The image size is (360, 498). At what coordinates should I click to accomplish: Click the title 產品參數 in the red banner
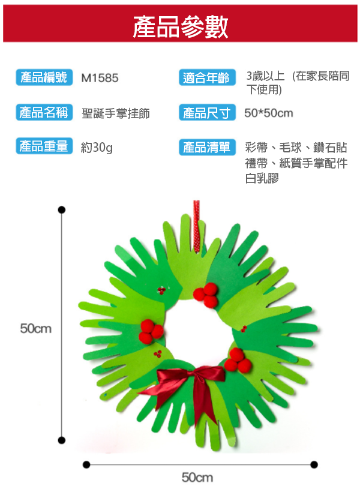180,27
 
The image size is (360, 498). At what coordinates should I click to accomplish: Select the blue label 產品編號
44,77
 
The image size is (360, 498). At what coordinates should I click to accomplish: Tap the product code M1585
100,78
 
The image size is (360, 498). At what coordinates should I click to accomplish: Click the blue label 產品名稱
44,112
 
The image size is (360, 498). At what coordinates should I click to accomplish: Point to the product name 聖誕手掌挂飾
116,113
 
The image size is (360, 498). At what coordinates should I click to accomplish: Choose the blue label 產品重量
44,146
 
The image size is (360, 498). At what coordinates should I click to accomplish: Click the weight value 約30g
97,147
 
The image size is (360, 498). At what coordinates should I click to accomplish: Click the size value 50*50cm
269,113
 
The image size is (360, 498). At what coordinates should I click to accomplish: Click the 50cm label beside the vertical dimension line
36,328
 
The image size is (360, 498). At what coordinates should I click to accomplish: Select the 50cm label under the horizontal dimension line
197,478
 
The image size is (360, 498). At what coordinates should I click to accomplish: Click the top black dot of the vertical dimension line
61,209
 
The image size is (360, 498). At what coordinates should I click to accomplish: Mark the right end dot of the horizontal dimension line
314,464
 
